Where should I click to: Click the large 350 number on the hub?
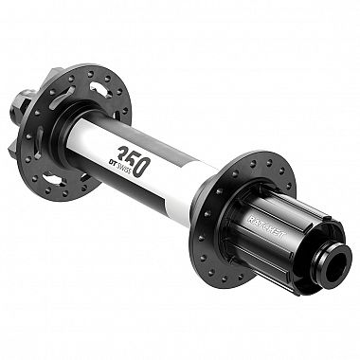click(134, 159)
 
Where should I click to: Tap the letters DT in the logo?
click(112, 162)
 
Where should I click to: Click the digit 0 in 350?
click(142, 166)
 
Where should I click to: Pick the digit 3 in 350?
click(122, 152)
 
